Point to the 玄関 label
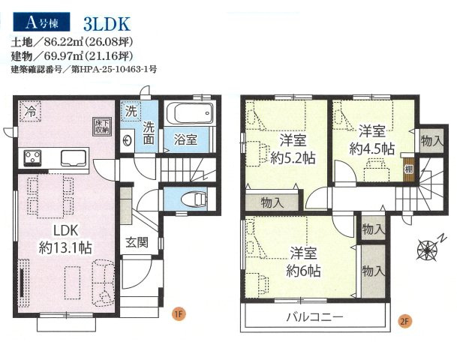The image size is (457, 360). tap(137, 242)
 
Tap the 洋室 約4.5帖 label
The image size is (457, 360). tap(371, 139)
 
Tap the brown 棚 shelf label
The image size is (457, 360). tap(407, 169)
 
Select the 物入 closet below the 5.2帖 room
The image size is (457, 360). tap(272, 202)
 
